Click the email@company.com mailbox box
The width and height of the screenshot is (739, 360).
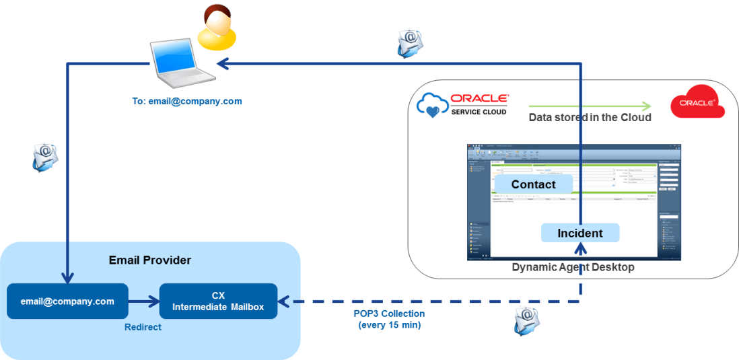[67, 301]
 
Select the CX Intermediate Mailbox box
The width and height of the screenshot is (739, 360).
[218, 301]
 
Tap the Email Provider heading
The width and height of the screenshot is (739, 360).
[149, 260]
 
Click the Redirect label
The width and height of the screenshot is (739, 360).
[143, 328]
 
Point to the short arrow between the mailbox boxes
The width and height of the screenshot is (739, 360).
[143, 301]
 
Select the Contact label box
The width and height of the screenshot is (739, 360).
[533, 184]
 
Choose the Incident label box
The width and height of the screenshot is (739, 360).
[579, 233]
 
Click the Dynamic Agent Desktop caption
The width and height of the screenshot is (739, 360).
[573, 267]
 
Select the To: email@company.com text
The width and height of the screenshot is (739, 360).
[186, 102]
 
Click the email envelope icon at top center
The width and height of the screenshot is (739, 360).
[410, 43]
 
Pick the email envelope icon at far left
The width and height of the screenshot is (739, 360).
[45, 157]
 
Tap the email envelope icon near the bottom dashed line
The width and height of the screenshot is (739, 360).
[526, 320]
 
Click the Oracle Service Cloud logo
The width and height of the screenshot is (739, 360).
[463, 104]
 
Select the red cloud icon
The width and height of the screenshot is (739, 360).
[697, 102]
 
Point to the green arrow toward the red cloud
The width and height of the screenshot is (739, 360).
[590, 106]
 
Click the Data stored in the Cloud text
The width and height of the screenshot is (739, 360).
[590, 118]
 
